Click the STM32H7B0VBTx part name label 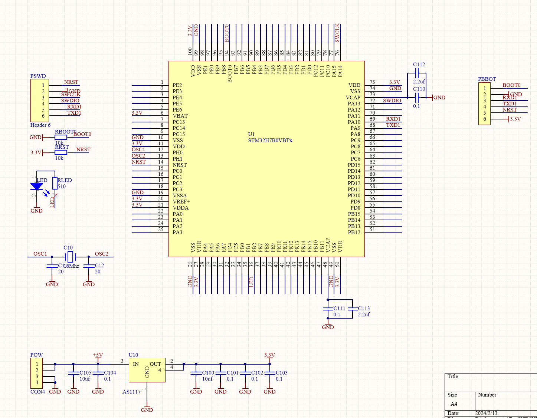(x=270, y=141)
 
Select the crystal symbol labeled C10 (x=70, y=257)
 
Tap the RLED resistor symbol (x=55, y=183)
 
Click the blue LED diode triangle (x=36, y=186)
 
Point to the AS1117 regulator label (x=131, y=392)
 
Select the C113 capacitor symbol (x=352, y=309)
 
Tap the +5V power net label (x=98, y=355)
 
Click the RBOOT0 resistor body (x=61, y=137)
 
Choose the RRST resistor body (x=61, y=152)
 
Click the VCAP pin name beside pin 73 (x=353, y=98)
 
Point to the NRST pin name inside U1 (x=180, y=165)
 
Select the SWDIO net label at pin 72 (x=392, y=101)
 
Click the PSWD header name (x=38, y=76)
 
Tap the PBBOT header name (x=487, y=79)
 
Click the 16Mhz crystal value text (x=72, y=266)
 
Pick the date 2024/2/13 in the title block (x=486, y=413)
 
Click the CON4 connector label (x=37, y=392)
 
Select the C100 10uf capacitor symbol (x=196, y=373)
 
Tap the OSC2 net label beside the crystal (x=101, y=254)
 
